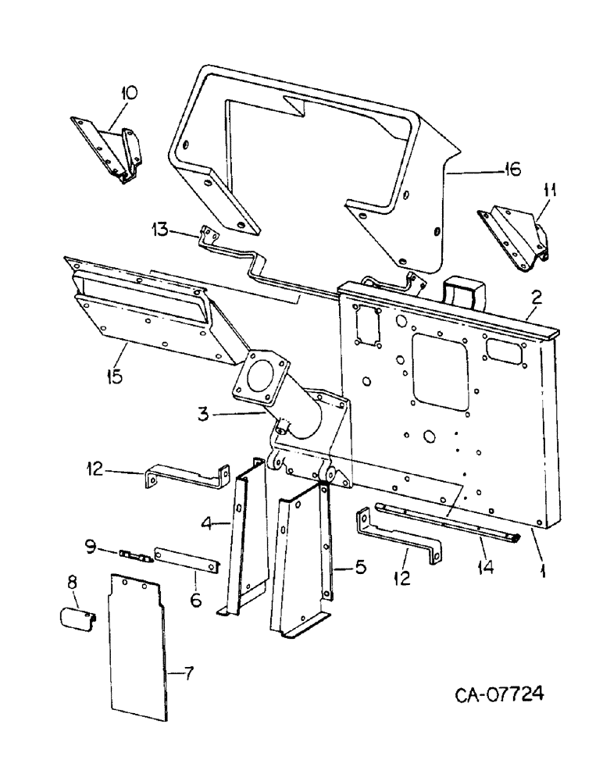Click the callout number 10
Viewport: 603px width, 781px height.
point(128,94)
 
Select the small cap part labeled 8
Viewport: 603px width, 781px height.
point(77,616)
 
